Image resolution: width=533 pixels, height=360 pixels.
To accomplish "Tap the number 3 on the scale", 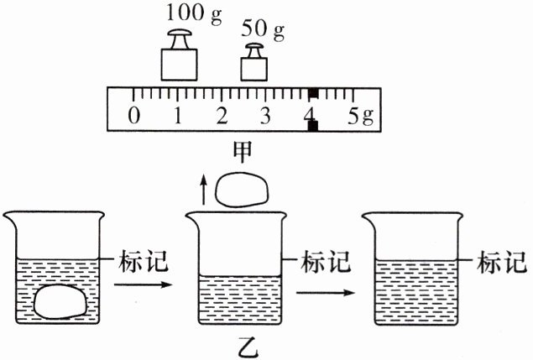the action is click(x=266, y=114).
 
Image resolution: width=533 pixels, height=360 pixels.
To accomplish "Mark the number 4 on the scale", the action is click(x=311, y=114).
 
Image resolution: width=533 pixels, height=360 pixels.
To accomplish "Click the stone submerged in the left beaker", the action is click(x=59, y=300).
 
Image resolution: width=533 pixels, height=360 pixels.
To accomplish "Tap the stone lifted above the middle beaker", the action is click(x=242, y=190).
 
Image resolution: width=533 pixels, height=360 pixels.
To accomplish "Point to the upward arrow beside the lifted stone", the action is click(x=201, y=189).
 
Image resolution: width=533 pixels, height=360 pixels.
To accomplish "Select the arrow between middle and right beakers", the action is click(x=322, y=291).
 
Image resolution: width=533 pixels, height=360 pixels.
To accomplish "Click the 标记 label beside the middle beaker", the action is click(x=326, y=262).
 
